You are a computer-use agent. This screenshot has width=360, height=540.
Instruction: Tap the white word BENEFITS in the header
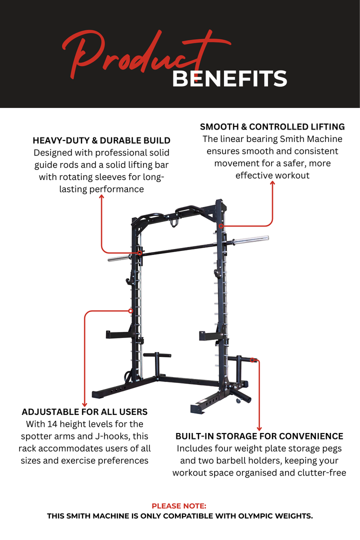(x=229, y=79)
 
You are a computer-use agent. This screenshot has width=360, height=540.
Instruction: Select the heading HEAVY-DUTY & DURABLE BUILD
(x=101, y=140)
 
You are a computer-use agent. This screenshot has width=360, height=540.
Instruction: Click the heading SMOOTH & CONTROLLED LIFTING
(x=272, y=126)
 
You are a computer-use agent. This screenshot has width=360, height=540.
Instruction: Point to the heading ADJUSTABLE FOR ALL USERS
(x=84, y=412)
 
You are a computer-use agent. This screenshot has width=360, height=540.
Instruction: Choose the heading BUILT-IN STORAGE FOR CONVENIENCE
(x=259, y=436)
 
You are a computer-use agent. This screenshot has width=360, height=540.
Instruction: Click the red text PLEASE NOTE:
(x=179, y=506)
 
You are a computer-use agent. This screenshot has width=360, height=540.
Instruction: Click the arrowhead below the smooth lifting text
(x=272, y=183)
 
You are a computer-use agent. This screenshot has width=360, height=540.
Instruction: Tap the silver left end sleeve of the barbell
(x=119, y=258)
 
